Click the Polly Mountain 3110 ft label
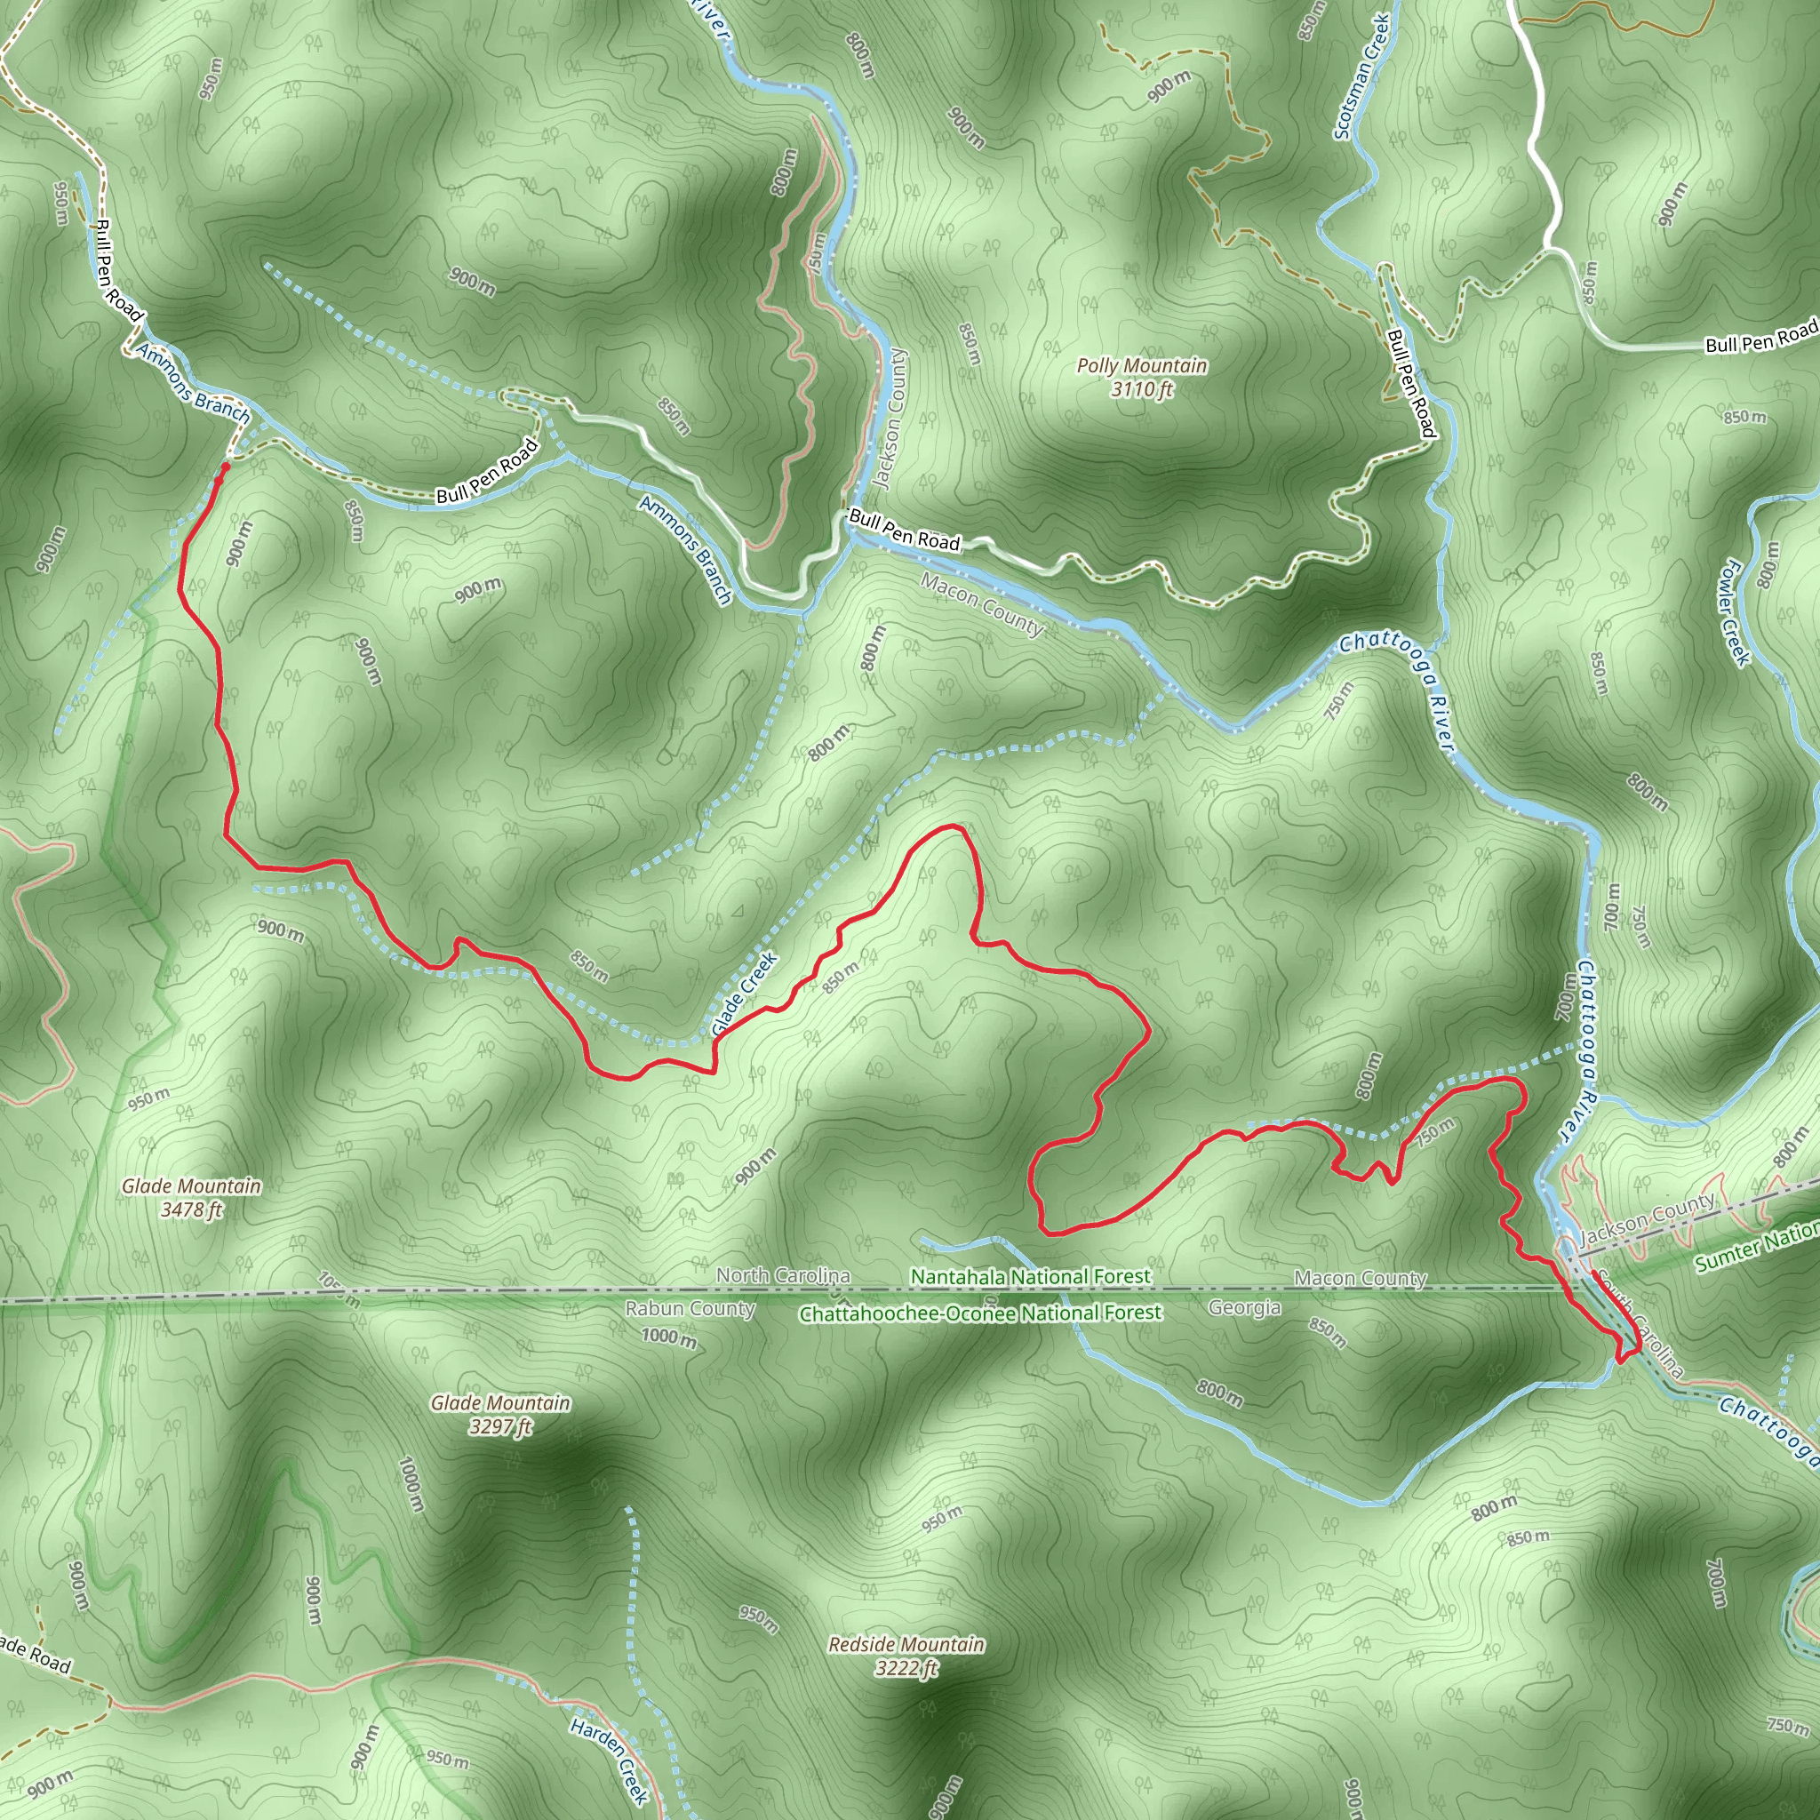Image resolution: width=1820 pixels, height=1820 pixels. (x=1142, y=377)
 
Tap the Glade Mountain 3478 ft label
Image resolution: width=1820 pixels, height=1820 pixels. (x=191, y=1197)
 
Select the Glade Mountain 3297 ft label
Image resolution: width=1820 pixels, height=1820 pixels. (x=500, y=1414)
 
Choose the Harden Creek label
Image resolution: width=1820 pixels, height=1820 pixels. (x=610, y=1760)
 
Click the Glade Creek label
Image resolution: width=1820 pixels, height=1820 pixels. (x=744, y=994)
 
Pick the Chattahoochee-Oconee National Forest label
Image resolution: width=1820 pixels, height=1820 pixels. (x=979, y=1313)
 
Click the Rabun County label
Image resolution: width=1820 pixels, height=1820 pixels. (x=690, y=1308)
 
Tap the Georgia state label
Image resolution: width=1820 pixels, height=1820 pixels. (x=1243, y=1307)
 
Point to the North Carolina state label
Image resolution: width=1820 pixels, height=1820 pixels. (x=783, y=1274)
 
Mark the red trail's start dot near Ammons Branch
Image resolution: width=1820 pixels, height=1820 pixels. (x=224, y=467)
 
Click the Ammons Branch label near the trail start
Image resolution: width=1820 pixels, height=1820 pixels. (x=194, y=382)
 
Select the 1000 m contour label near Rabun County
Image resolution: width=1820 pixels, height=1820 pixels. (x=669, y=1336)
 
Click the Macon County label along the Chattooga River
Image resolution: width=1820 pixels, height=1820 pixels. (x=983, y=603)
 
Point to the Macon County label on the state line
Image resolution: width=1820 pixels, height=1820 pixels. (x=1360, y=1277)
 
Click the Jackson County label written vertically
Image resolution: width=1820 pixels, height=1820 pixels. (x=890, y=419)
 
